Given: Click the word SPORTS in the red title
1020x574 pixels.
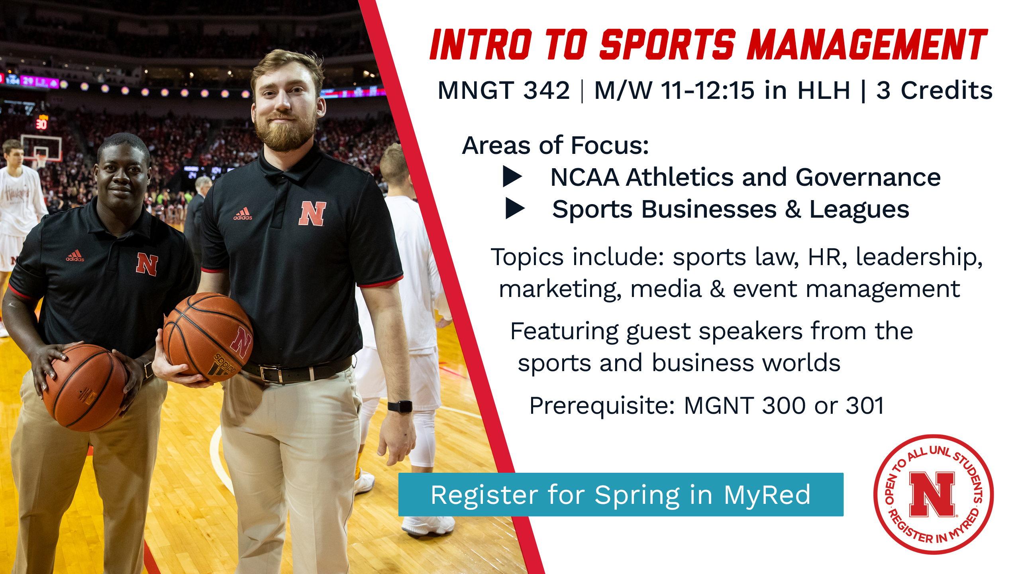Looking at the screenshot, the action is (x=667, y=44).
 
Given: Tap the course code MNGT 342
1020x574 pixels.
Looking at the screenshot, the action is (x=504, y=90).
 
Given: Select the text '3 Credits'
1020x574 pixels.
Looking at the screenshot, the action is (x=934, y=90).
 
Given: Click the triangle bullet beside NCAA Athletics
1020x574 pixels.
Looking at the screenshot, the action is (x=512, y=177).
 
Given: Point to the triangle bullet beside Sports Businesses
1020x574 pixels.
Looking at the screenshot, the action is (x=515, y=208).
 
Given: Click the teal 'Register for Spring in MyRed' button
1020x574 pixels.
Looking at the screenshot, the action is (x=621, y=495).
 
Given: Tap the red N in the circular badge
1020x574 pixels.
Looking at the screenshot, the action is (x=932, y=495).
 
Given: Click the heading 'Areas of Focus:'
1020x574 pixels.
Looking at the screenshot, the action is (x=555, y=145).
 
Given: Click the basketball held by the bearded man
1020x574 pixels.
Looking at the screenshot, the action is (x=208, y=337).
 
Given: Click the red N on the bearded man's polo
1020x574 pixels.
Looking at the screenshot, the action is (x=312, y=213).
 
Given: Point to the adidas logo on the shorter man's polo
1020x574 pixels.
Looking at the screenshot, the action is (x=75, y=256).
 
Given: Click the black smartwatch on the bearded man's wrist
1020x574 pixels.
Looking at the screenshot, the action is (x=400, y=407).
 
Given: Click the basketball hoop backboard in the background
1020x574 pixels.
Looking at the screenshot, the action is (x=41, y=148).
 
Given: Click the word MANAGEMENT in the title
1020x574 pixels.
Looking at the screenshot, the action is (x=867, y=44).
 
